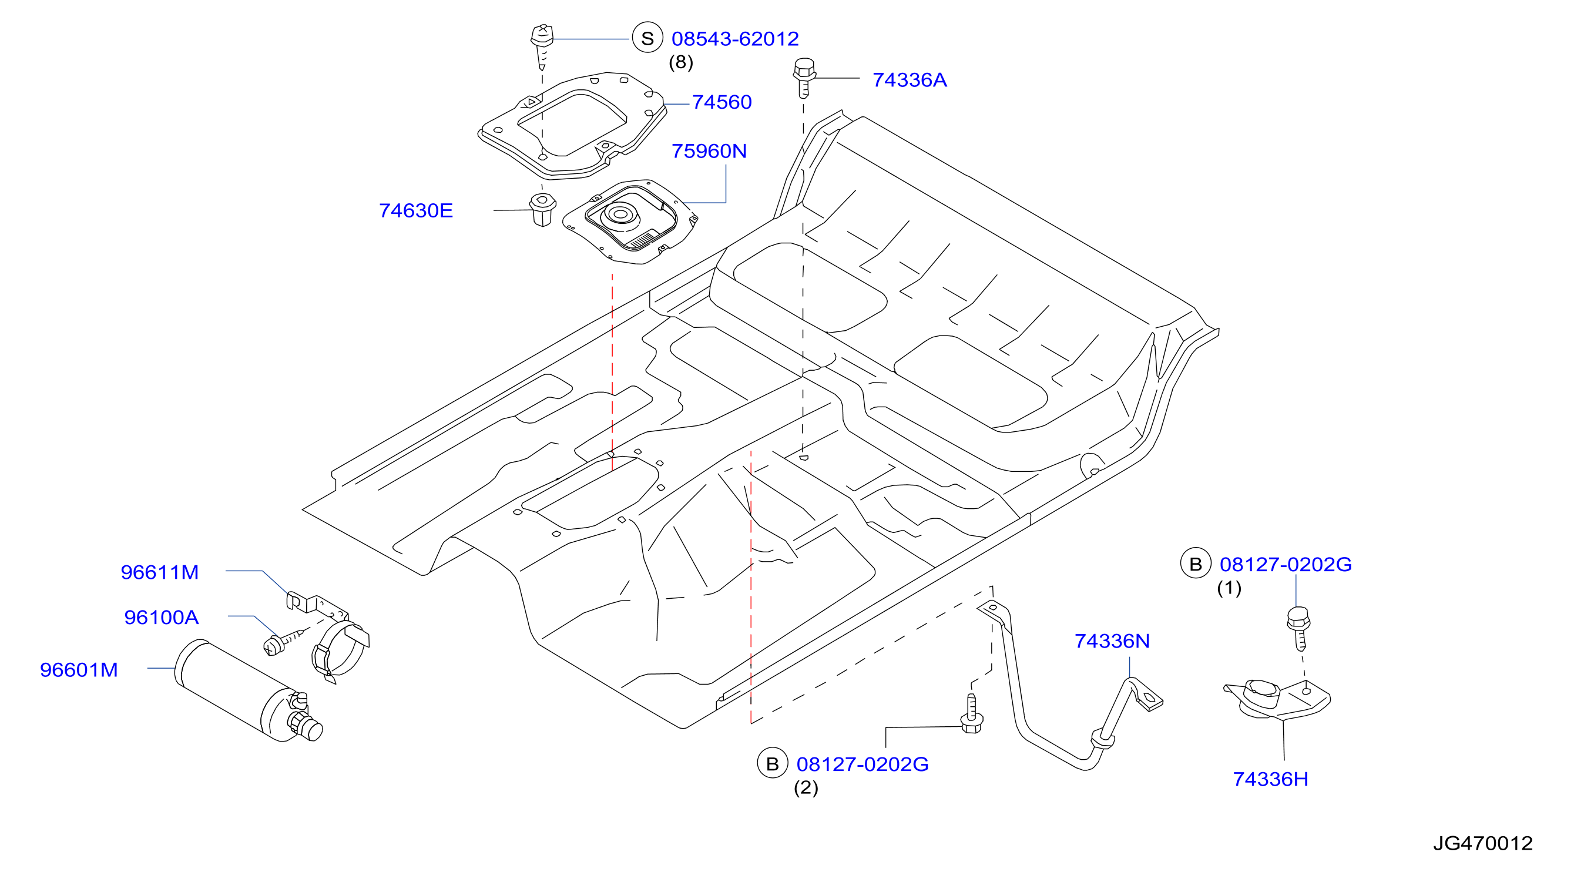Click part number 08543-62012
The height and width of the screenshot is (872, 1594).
[x=734, y=39]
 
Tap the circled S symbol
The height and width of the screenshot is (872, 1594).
[x=647, y=38]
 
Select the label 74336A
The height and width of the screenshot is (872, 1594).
[x=909, y=80]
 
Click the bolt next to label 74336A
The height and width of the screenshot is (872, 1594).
[x=804, y=78]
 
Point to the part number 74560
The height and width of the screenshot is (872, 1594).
[x=722, y=102]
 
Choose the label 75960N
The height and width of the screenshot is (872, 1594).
[x=709, y=151]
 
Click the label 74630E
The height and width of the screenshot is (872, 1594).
[x=416, y=210]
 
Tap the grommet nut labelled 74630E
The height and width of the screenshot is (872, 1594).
[x=542, y=210]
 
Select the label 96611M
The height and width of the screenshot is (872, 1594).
[x=160, y=572]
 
